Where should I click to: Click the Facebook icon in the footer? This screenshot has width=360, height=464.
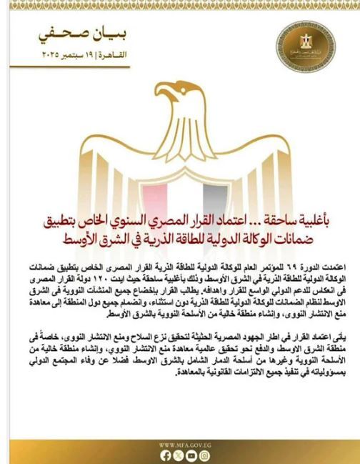click(165, 455)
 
